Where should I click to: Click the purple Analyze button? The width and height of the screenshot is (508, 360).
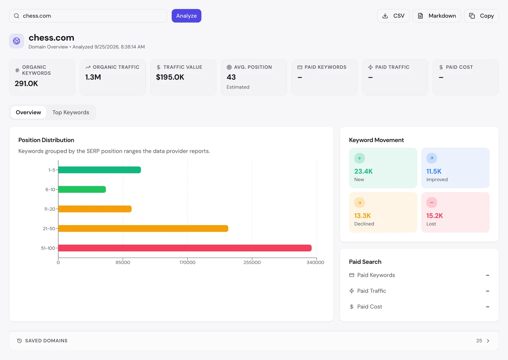click(x=186, y=16)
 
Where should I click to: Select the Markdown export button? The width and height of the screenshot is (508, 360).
click(x=437, y=16)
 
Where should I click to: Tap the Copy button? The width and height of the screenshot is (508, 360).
click(x=481, y=16)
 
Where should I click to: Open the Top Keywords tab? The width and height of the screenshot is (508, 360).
click(x=71, y=112)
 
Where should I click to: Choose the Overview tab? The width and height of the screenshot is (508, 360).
click(x=28, y=112)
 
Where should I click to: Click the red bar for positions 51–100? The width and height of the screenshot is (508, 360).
click(x=185, y=248)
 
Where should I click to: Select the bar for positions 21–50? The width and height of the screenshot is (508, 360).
click(x=143, y=228)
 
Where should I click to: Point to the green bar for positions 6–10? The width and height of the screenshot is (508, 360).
click(x=82, y=190)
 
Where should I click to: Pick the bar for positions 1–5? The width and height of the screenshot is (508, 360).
click(x=99, y=170)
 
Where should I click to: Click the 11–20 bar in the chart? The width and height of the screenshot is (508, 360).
click(x=95, y=209)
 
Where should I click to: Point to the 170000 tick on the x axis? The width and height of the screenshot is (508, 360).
click(x=187, y=263)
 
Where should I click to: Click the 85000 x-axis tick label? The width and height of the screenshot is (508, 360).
click(x=123, y=263)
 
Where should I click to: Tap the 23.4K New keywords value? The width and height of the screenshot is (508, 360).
click(x=363, y=171)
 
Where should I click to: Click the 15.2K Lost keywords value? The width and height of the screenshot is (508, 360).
click(x=435, y=216)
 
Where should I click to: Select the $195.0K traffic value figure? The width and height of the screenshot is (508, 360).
click(x=170, y=77)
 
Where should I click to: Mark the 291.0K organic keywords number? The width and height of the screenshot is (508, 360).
click(x=26, y=84)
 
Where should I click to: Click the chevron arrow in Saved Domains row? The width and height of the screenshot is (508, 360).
click(x=488, y=341)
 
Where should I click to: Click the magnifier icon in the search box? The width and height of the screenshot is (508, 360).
click(x=17, y=16)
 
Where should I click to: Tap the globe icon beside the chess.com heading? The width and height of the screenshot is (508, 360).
click(x=17, y=41)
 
